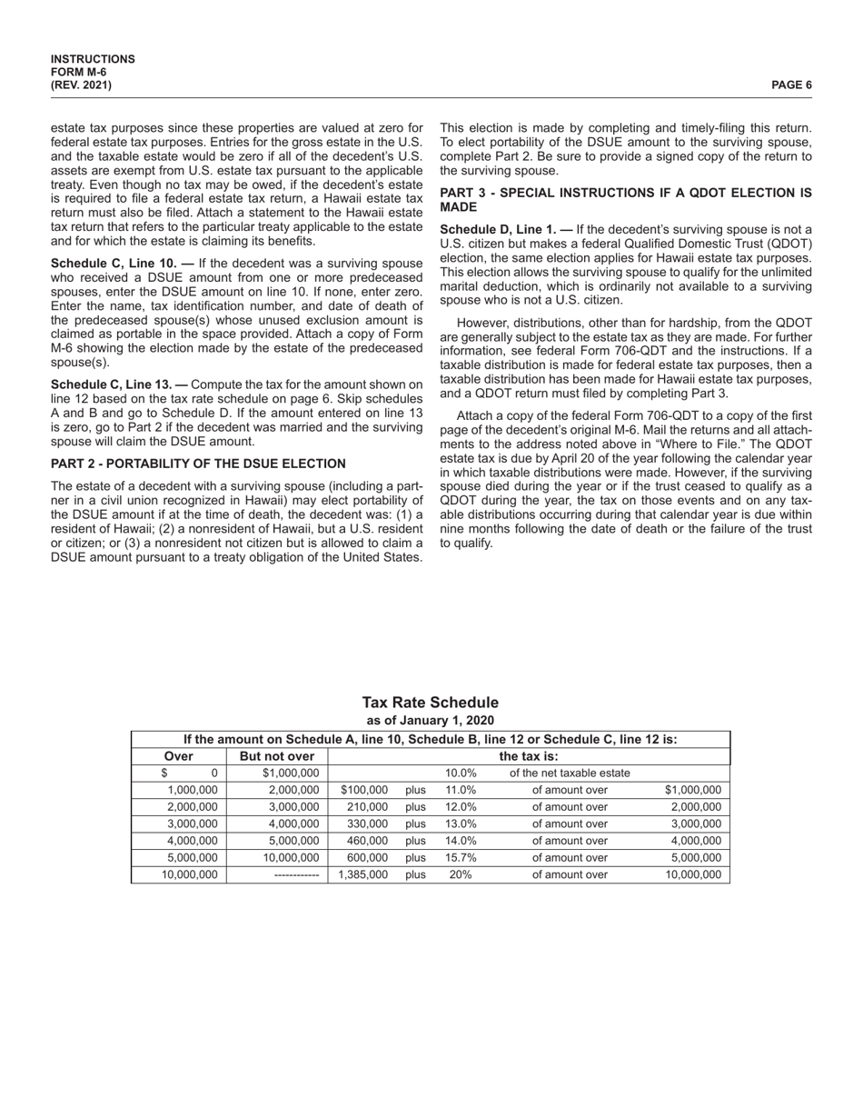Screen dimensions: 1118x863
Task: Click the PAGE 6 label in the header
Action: pyautogui.click(x=791, y=85)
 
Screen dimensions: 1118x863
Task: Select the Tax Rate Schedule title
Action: pyautogui.click(x=430, y=703)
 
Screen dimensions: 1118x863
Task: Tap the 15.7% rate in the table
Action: pyautogui.click(x=461, y=857)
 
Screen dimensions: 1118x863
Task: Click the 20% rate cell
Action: pyautogui.click(x=461, y=874)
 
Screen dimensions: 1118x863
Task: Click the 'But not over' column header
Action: pyautogui.click(x=276, y=756)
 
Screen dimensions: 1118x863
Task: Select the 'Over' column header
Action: pyautogui.click(x=178, y=756)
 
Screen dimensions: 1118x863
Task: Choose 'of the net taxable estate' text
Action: pyautogui.click(x=570, y=774)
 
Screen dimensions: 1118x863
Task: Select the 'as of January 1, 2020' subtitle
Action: pyautogui.click(x=430, y=721)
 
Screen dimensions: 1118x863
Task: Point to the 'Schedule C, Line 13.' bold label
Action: pyautogui.click(x=109, y=384)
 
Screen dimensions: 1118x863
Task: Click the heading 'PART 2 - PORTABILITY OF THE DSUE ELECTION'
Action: pyautogui.click(x=198, y=464)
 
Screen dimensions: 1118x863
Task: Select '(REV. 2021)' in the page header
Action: pyautogui.click(x=82, y=85)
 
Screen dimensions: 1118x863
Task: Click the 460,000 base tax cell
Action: pyautogui.click(x=367, y=841)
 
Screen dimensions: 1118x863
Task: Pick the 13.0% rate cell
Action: pyautogui.click(x=461, y=824)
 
